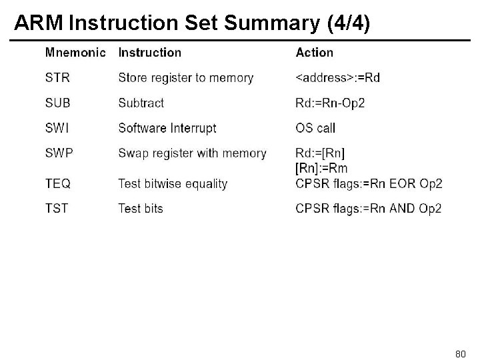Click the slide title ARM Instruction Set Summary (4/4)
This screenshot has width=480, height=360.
click(192, 22)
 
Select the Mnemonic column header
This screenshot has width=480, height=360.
click(75, 52)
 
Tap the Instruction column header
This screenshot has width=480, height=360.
click(149, 52)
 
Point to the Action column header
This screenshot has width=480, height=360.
click(314, 52)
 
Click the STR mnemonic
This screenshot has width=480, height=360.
click(57, 78)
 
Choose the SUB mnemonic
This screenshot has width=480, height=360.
click(57, 103)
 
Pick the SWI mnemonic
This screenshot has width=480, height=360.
click(57, 128)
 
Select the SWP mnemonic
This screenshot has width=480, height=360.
click(59, 153)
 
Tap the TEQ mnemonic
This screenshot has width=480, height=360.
click(58, 183)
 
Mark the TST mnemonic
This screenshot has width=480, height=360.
click(57, 209)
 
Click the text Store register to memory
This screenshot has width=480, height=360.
click(185, 78)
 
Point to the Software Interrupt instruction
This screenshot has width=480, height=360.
click(167, 128)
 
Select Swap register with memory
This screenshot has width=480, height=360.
click(192, 153)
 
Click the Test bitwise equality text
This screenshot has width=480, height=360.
click(173, 183)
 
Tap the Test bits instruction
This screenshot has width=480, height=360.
click(140, 209)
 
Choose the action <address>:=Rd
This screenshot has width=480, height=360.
click(337, 78)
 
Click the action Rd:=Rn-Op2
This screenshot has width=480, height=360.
click(330, 103)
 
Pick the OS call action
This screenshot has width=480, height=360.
click(315, 128)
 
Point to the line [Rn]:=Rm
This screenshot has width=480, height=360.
click(321, 167)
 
